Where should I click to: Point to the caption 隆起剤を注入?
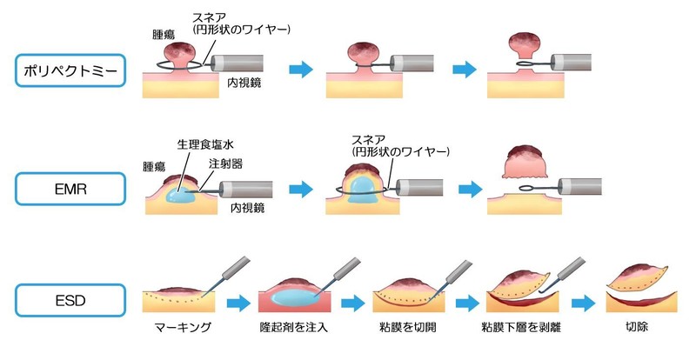(293, 329)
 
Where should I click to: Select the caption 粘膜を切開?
(410, 329)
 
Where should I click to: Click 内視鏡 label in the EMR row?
(247, 209)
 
